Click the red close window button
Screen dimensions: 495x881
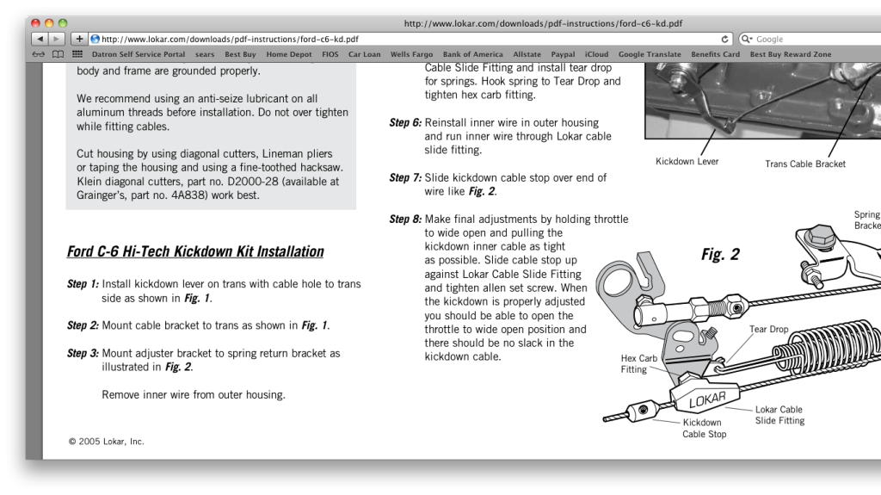point(36,23)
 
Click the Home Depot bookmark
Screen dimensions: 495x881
point(288,54)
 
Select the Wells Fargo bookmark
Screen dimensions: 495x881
point(411,54)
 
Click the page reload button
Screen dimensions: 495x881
point(726,39)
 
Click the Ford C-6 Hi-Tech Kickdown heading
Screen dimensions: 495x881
point(195,252)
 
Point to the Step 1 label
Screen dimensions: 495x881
point(83,284)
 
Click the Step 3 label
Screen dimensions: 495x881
point(83,353)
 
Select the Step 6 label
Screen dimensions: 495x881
point(405,123)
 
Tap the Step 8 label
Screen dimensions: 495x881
point(405,219)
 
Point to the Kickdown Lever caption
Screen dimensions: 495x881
point(687,161)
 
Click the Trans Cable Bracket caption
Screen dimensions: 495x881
point(804,164)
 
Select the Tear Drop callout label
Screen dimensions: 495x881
point(768,329)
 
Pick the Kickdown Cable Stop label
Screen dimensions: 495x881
point(704,429)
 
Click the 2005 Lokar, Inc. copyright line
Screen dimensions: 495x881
point(106,442)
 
